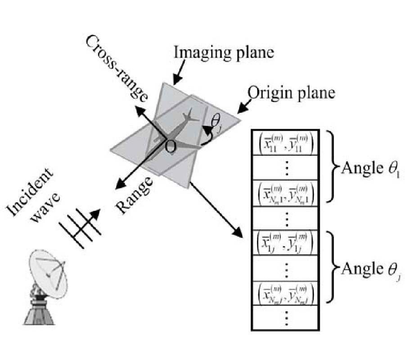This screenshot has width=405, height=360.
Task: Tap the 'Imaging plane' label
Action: [x=224, y=53]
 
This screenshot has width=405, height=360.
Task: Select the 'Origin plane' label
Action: [x=292, y=93]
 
